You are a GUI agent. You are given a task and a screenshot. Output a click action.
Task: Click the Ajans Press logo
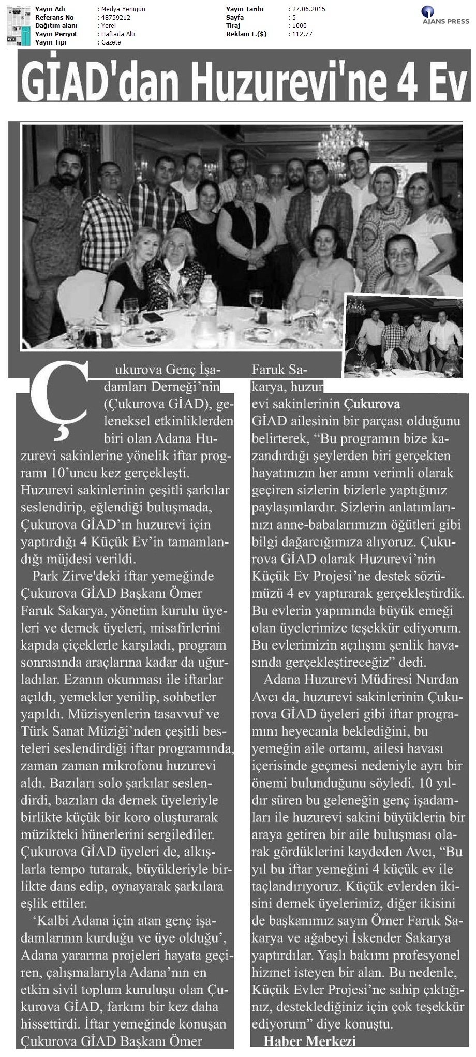444,15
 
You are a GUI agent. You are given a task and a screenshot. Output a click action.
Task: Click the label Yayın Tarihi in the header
245,9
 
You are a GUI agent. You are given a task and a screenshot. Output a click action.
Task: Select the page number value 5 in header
293,18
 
